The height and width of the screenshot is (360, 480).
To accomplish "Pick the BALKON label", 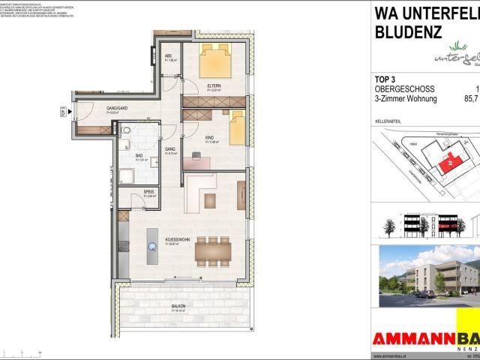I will [x=178, y=306].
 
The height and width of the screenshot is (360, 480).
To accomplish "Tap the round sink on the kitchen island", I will [x=153, y=243].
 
